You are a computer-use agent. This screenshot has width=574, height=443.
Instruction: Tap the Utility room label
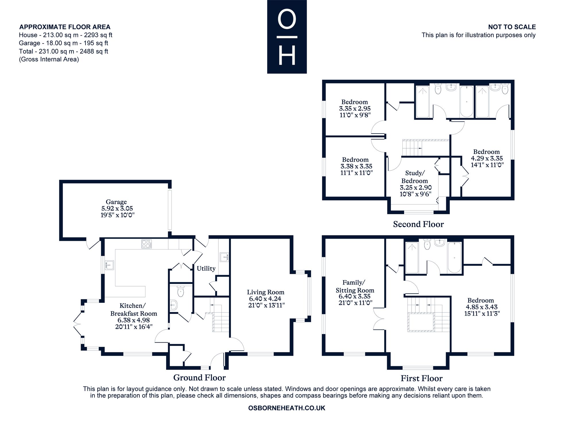(206, 268)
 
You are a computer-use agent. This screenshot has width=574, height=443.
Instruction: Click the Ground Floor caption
(199, 378)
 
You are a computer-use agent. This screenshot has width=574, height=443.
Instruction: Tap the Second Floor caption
(418, 224)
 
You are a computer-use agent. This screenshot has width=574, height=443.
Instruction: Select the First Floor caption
(422, 378)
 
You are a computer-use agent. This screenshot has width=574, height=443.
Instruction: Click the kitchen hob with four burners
(147, 244)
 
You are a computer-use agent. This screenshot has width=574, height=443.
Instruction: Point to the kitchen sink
(109, 265)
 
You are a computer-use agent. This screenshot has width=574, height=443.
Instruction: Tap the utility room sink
(224, 257)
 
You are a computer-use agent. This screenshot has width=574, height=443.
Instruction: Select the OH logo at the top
(287, 37)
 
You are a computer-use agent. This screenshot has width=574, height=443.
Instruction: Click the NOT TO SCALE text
(512, 27)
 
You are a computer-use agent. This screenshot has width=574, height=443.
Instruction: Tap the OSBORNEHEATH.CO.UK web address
(287, 408)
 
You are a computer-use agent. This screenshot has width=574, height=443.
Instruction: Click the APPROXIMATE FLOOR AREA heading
(65, 27)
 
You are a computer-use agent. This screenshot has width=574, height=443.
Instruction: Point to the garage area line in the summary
(63, 43)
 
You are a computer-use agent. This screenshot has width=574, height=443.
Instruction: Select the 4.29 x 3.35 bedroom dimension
(487, 158)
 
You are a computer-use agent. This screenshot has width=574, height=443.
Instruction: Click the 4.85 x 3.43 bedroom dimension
(482, 307)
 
